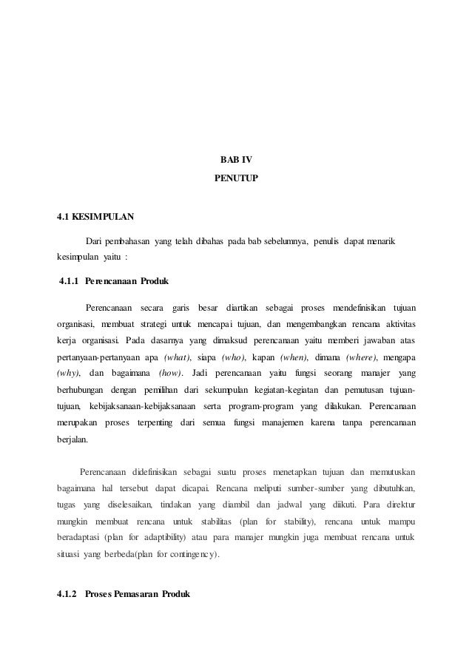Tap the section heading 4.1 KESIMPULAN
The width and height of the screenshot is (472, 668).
coord(96,218)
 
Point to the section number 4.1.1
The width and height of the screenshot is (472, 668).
coord(68,282)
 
